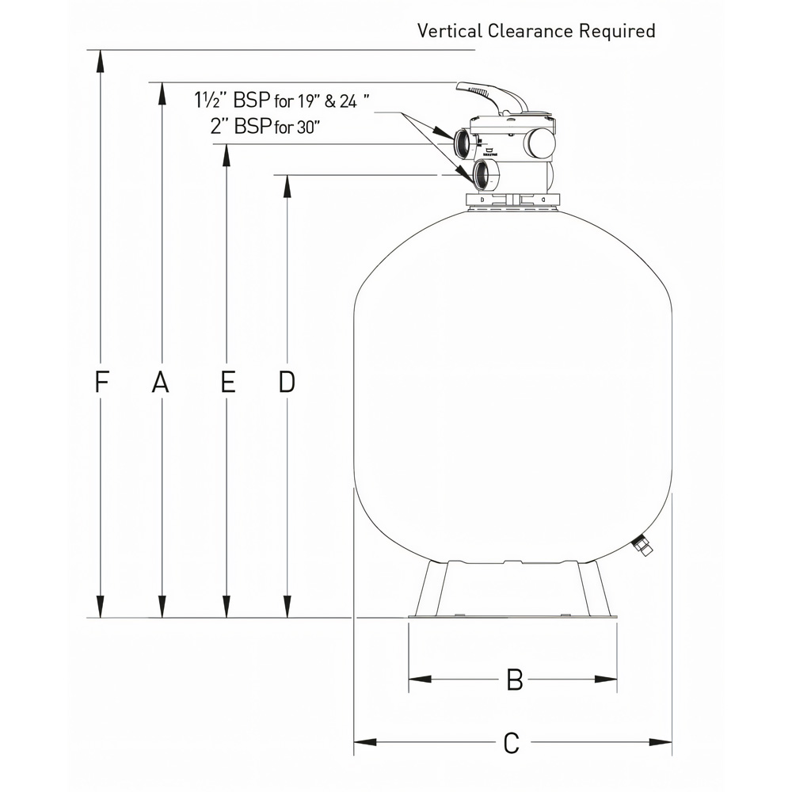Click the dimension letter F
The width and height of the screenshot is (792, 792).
click(x=101, y=383)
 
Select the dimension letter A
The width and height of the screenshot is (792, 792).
click(x=161, y=383)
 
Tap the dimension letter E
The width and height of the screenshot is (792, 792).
click(x=228, y=383)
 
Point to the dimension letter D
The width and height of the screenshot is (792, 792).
click(x=287, y=383)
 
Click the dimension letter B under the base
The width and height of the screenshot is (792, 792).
click(x=514, y=680)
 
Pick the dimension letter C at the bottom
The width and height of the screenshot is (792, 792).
click(x=512, y=743)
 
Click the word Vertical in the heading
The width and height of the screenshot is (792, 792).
click(x=450, y=31)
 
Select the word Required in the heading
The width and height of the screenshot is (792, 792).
click(x=617, y=32)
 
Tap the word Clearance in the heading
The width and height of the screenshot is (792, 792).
click(x=531, y=31)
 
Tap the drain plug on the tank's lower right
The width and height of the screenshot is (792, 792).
click(x=642, y=546)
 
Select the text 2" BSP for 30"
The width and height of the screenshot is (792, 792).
click(x=265, y=126)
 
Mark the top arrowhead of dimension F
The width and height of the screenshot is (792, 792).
click(x=101, y=62)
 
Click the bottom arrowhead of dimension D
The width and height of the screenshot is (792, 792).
click(x=287, y=606)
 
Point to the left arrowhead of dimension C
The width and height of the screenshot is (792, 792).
click(x=364, y=743)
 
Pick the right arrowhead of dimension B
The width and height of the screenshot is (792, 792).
click(x=606, y=679)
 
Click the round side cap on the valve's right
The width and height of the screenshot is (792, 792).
click(x=540, y=143)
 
